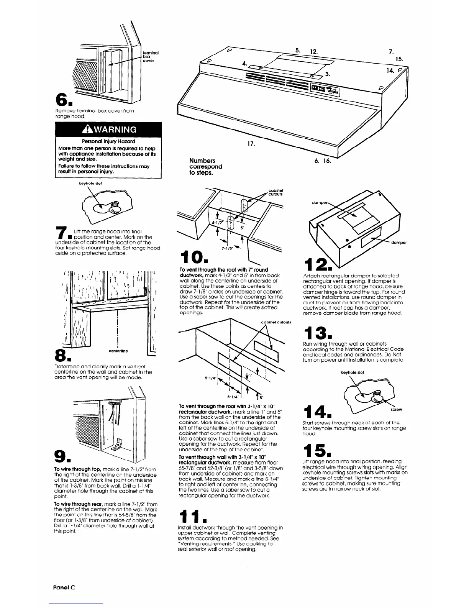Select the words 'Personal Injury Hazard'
point(108,141)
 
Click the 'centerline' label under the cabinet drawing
point(119,351)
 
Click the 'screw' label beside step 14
point(396,410)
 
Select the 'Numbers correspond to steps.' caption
point(206,166)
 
